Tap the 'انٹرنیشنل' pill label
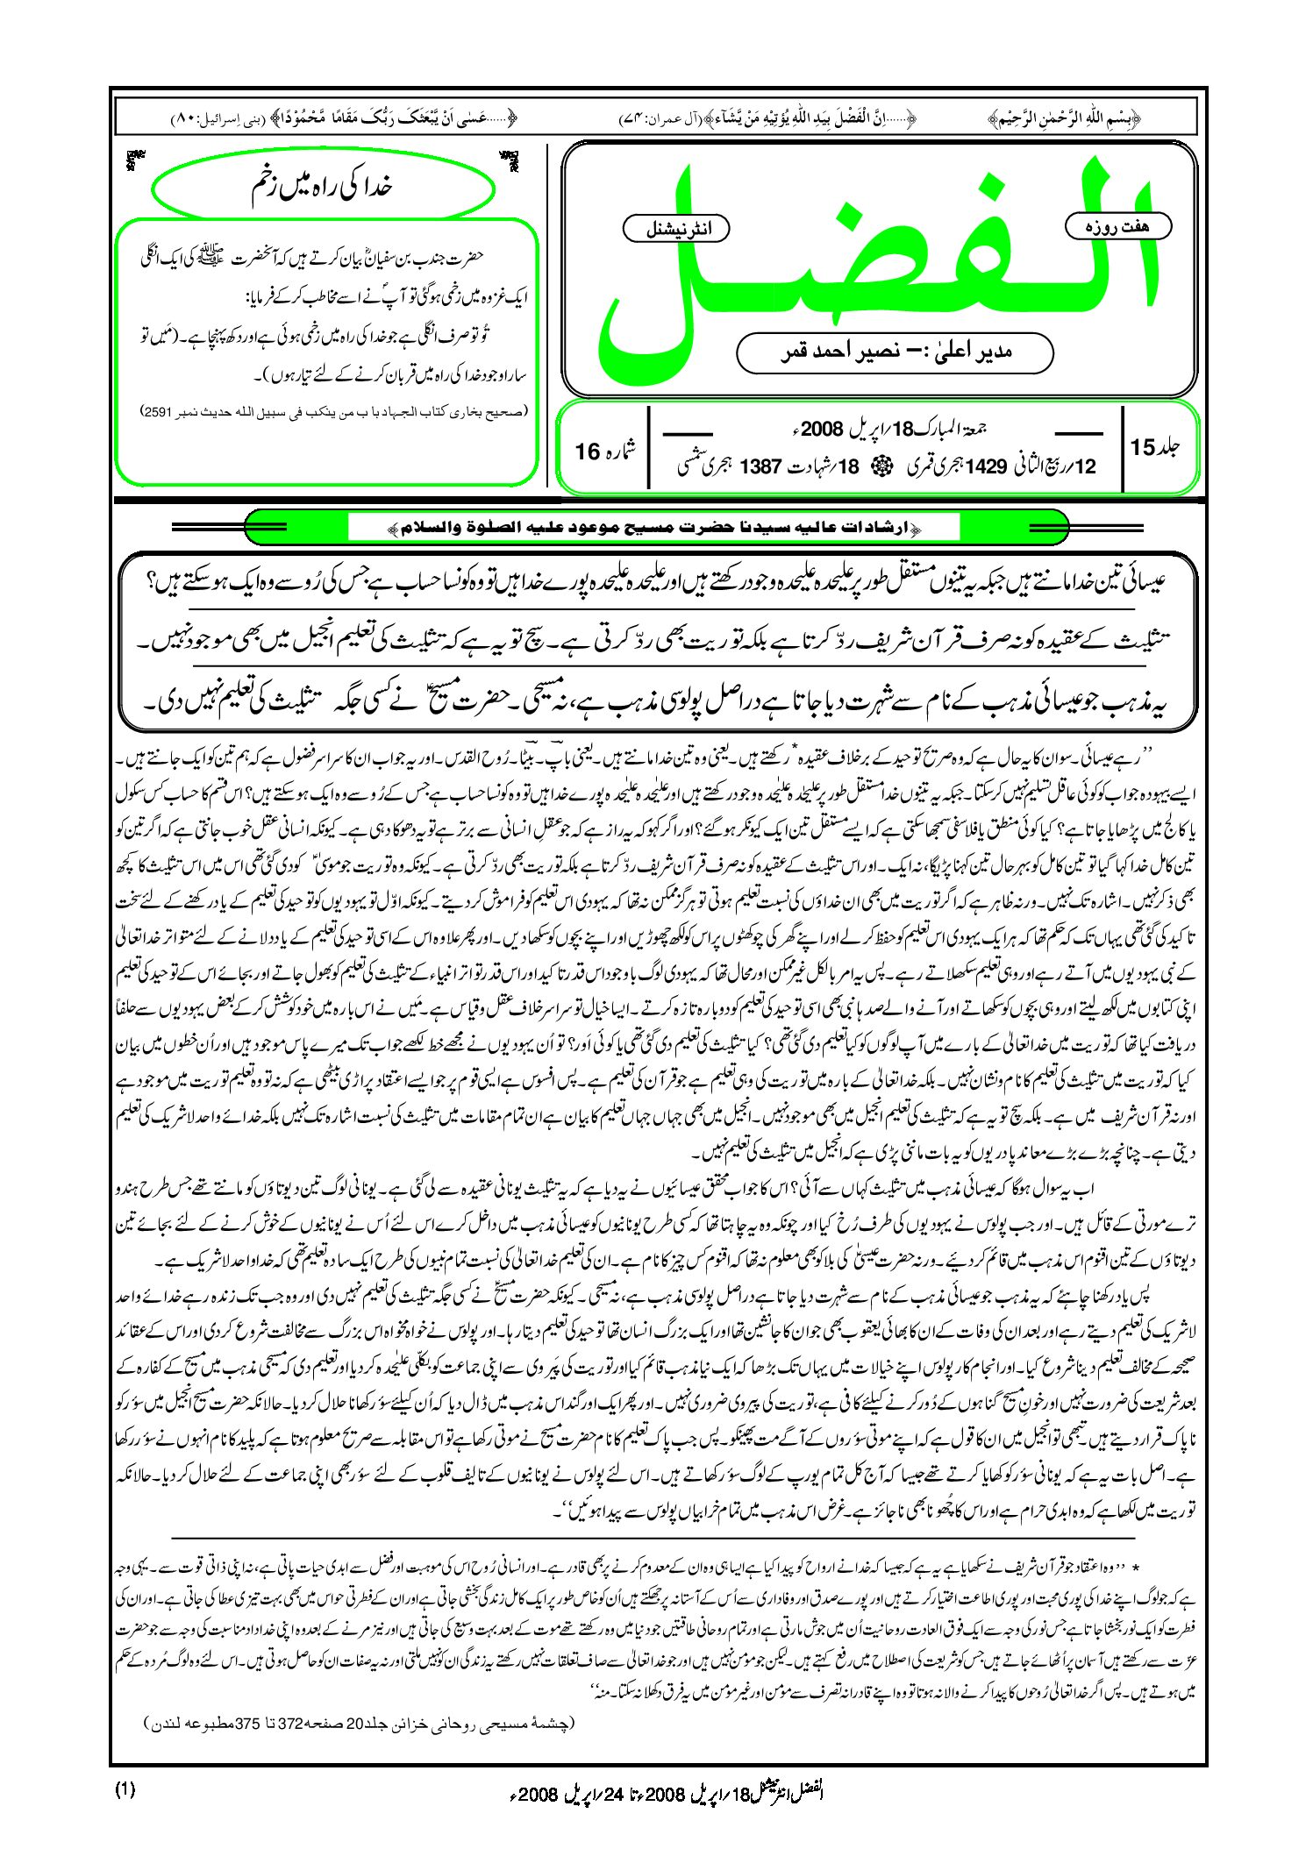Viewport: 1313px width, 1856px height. tap(675, 230)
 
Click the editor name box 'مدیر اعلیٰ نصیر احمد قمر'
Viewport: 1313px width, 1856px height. tap(895, 352)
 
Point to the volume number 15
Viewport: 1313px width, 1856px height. tap(1142, 447)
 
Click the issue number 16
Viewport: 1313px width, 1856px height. tap(587, 452)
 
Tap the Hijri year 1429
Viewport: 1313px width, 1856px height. tap(985, 466)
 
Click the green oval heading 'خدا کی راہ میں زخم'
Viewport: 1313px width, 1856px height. tap(321, 187)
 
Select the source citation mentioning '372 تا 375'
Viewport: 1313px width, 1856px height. tap(360, 1723)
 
